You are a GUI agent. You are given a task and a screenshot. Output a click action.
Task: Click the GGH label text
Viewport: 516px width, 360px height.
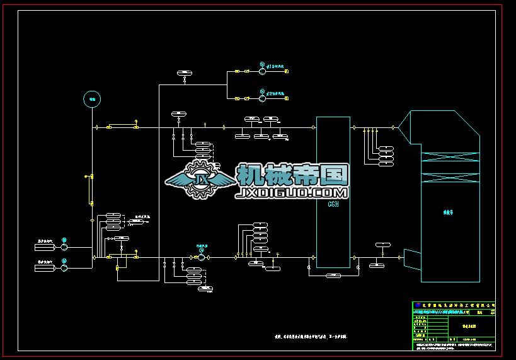[333, 204]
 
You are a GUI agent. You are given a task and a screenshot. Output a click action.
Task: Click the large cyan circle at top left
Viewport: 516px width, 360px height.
[92, 98]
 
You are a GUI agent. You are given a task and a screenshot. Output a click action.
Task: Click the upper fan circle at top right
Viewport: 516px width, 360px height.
[263, 71]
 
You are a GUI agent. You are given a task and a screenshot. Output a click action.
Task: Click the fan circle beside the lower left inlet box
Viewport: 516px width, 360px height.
[64, 268]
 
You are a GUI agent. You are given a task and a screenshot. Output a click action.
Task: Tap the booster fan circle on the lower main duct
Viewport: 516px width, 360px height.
[202, 257]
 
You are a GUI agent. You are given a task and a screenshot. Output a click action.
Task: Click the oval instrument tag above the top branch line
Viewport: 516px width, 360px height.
[184, 74]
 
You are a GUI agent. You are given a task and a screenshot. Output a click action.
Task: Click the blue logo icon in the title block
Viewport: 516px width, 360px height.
[416, 305]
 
